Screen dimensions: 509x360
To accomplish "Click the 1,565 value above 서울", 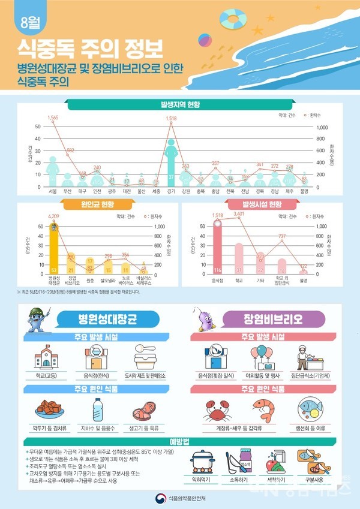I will pyautogui.click(x=53, y=117).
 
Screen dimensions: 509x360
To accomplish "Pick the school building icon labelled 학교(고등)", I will pyautogui.click(x=46, y=357).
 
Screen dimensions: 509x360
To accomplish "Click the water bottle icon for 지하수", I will pyautogui.click(x=98, y=411).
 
